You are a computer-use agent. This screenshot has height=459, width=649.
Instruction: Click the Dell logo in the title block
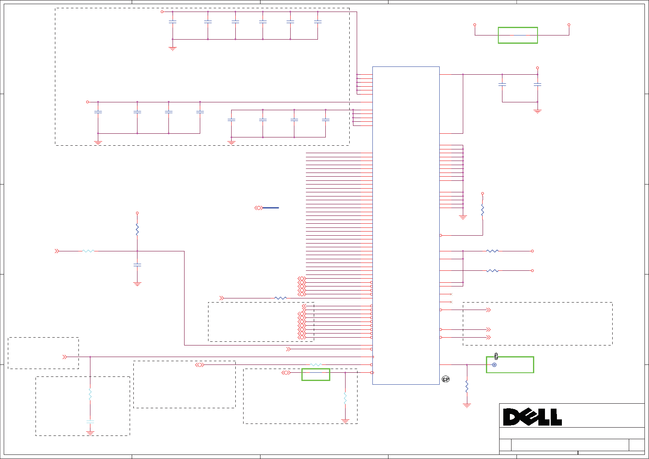coord(532,417)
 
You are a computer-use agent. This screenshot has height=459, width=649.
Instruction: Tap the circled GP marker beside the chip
coord(446,379)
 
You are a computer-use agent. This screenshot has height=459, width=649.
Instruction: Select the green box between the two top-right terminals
coord(518,35)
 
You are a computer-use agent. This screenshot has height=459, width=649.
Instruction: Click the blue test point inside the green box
coord(494,365)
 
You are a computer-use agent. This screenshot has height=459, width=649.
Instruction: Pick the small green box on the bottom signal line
coord(315,374)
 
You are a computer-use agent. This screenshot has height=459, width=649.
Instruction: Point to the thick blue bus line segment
coord(271,208)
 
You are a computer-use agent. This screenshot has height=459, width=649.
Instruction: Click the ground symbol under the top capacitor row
coord(173,48)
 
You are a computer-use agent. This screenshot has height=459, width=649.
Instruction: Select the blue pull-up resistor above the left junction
coord(137,230)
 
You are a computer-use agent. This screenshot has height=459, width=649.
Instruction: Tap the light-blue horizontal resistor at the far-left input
coord(88,251)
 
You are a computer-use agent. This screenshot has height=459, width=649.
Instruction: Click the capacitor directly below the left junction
coord(137,265)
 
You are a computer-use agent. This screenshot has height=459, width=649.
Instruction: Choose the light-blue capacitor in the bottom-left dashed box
coord(90,422)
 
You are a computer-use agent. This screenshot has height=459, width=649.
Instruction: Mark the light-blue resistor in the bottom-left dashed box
coord(90,394)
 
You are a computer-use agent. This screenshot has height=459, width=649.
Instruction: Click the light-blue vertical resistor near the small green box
coord(345,398)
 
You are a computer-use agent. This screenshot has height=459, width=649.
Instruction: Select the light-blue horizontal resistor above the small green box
coord(315,365)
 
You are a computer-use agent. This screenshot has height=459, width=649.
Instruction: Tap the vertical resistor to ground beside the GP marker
coord(467,386)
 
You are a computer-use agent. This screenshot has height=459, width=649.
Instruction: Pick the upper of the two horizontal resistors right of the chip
coord(492,251)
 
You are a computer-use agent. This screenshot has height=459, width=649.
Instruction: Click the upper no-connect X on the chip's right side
coord(451,294)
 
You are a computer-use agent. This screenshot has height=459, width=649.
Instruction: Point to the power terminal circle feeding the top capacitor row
coord(162,12)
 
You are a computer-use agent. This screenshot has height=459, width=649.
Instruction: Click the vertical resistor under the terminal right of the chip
coord(482,211)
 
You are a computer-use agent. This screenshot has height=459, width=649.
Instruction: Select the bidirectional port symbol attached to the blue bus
coord(258,208)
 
